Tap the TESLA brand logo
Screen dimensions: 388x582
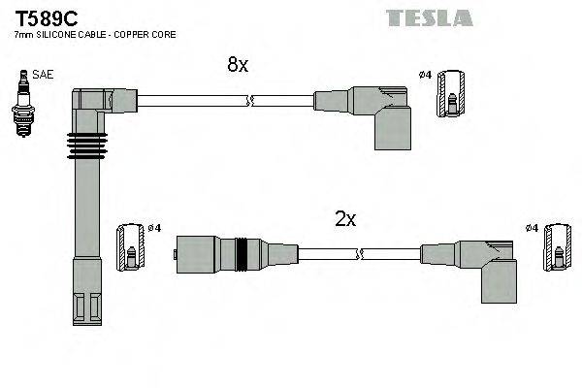[429, 17]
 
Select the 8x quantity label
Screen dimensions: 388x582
[238, 65]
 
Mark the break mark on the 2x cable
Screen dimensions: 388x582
[360, 255]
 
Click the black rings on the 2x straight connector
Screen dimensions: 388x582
[248, 255]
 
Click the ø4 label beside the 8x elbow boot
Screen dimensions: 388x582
[425, 74]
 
